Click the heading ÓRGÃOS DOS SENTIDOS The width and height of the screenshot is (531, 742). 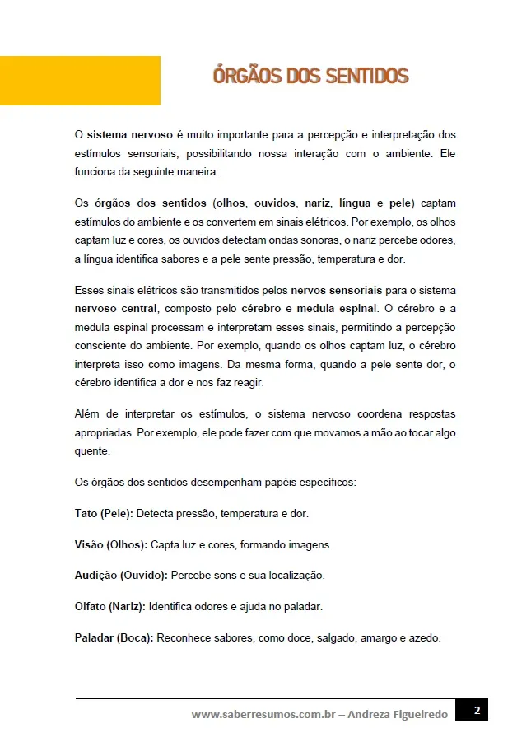pos(310,77)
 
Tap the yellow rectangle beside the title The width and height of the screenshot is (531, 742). pos(80,80)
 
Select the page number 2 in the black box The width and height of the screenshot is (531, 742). pos(475,709)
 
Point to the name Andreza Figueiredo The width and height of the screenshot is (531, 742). pos(398,714)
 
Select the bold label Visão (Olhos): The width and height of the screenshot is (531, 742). pos(111,544)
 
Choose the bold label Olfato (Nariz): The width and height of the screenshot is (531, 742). pos(110,606)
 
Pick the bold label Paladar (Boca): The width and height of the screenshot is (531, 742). pos(114,637)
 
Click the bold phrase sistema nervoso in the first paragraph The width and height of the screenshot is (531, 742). pos(129,134)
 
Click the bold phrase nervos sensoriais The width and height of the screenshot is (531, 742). pos(336,291)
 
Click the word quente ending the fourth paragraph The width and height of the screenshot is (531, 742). pos(91,450)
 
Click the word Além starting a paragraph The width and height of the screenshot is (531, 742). pos(88,413)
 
